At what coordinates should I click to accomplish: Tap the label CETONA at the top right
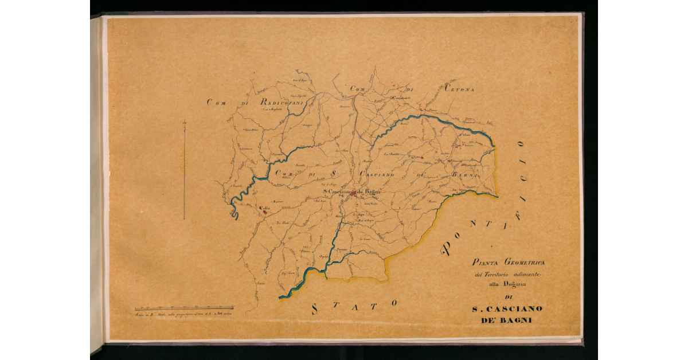(458, 89)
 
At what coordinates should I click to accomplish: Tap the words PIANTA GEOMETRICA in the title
(508, 263)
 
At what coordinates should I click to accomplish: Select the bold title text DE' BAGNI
(507, 320)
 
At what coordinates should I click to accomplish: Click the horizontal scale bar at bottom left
(183, 308)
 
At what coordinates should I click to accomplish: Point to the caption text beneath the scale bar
(183, 314)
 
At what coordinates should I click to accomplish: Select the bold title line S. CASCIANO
(507, 309)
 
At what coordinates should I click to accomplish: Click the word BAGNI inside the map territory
(463, 175)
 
